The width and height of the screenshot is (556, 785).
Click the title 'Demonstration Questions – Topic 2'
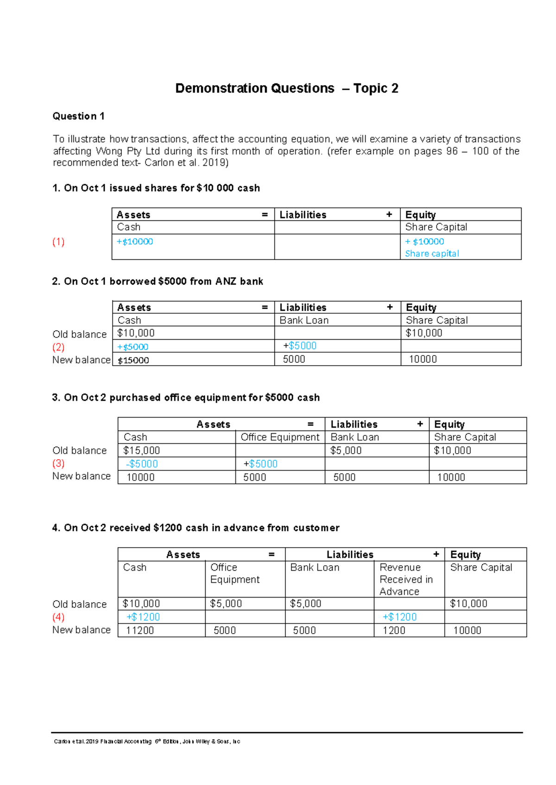[x=286, y=88]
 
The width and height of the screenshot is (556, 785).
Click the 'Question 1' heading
[x=78, y=116]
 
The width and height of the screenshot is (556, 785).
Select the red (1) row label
[x=58, y=242]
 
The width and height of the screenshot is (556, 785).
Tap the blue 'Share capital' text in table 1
[x=432, y=253]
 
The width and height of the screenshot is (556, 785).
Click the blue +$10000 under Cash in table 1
[x=135, y=241]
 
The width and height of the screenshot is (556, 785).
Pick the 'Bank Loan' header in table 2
[x=304, y=320]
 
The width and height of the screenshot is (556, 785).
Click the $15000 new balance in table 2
[x=133, y=360]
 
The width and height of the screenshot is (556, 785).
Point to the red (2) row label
[x=58, y=347]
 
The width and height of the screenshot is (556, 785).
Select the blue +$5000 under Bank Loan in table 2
[x=300, y=346]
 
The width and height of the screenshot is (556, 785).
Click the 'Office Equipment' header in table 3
[x=280, y=437]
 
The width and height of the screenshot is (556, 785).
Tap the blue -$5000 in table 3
[x=142, y=464]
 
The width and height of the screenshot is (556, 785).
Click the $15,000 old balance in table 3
[x=141, y=450]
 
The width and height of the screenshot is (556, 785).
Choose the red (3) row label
[x=58, y=463]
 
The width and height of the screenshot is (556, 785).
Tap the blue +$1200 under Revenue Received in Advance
[x=399, y=617]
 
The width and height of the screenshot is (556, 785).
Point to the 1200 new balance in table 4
[x=394, y=630]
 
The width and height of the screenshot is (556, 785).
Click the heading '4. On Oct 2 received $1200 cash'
[x=196, y=528]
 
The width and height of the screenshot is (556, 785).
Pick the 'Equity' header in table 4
[x=465, y=554]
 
